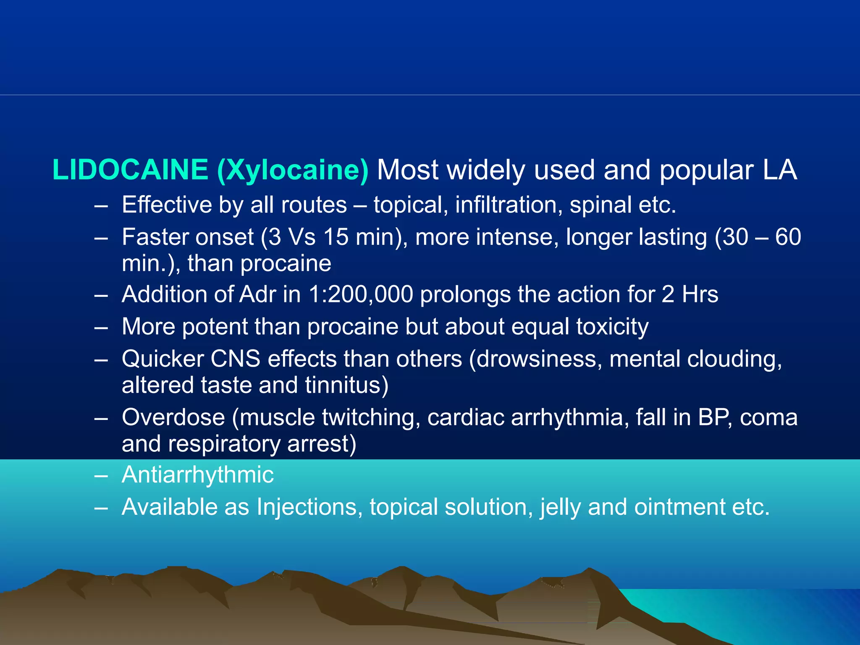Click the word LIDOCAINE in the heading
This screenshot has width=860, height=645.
[x=130, y=170]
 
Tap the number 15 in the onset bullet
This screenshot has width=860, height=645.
[x=336, y=237]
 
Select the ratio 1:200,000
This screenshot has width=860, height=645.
[x=361, y=295]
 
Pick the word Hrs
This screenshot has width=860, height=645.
[x=700, y=294]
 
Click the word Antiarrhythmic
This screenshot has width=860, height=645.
[x=197, y=475]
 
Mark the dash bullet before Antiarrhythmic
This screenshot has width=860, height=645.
[x=101, y=476]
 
